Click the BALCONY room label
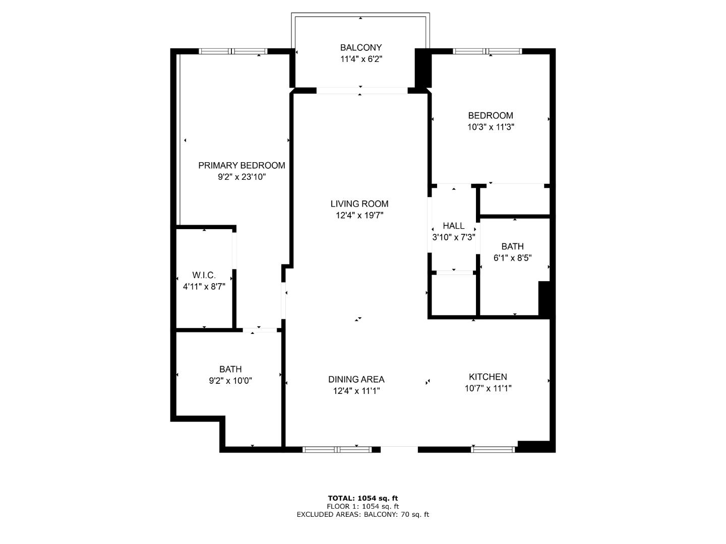[361, 47]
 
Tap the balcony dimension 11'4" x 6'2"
[361, 59]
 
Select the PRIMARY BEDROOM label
[241, 166]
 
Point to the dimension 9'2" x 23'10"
[241, 177]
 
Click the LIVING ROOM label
[359, 204]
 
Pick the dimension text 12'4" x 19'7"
[359, 216]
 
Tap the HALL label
[453, 226]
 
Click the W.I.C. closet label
[204, 275]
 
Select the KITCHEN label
[488, 377]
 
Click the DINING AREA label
[356, 379]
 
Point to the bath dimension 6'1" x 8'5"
[513, 258]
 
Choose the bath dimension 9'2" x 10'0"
[230, 381]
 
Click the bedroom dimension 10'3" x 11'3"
[491, 127]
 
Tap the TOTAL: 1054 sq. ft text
[363, 498]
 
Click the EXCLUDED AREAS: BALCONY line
[363, 514]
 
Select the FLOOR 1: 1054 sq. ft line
[363, 506]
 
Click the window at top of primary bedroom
[233, 51]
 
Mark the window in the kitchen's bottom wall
[493, 449]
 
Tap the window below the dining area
[337, 449]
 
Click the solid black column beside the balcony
[423, 67]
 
